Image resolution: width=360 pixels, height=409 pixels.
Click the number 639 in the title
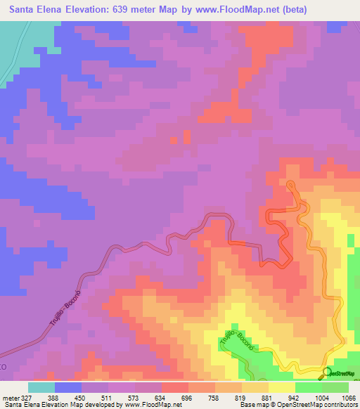pyautogui.click(x=129, y=10)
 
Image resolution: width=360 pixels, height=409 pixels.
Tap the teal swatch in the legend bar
pyautogui.click(x=41, y=387)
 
